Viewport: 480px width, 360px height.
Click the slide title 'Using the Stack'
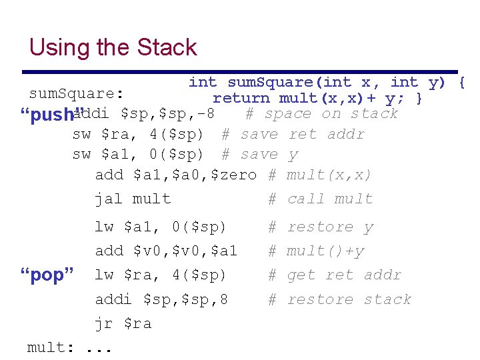(113, 47)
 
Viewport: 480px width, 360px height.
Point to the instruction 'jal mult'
(133, 199)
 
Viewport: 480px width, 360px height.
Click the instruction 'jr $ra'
(123, 323)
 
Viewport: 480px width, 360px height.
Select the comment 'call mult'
(330, 199)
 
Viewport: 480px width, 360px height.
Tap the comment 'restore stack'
(349, 299)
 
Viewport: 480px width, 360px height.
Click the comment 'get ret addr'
(344, 275)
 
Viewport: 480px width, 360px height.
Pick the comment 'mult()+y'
(325, 251)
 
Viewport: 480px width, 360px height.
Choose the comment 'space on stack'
(331, 113)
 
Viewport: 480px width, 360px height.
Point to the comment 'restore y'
(330, 227)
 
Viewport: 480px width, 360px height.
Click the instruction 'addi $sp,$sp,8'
(161, 299)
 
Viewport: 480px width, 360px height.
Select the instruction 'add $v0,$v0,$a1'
(166, 251)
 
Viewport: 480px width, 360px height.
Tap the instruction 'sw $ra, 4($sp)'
(137, 134)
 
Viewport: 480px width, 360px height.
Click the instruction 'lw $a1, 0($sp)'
(161, 227)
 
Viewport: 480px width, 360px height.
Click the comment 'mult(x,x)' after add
(329, 175)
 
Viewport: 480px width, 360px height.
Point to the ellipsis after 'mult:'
(99, 349)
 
